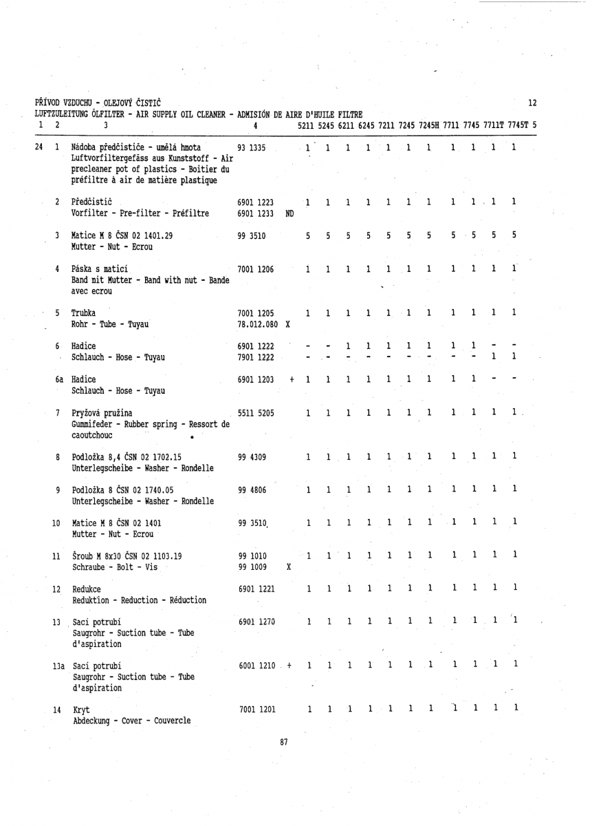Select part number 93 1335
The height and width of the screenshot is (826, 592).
tap(252, 148)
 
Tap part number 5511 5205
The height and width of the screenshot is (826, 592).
tap(256, 414)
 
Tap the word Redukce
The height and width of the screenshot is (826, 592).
tap(87, 590)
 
